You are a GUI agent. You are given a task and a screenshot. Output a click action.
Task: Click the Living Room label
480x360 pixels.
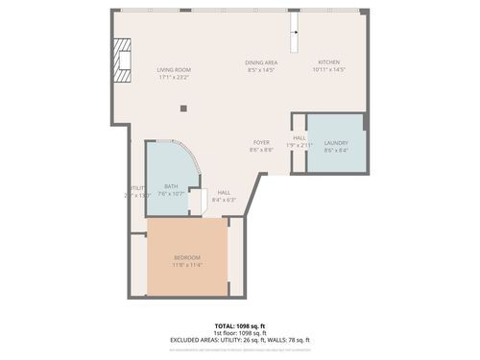[175, 69]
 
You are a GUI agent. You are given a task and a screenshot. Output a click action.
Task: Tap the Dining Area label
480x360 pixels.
[261, 62]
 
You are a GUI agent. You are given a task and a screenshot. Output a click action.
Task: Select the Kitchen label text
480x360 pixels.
[328, 62]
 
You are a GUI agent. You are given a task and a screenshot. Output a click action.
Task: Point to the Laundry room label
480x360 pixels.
[336, 143]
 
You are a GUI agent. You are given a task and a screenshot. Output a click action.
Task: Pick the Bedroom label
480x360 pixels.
[187, 257]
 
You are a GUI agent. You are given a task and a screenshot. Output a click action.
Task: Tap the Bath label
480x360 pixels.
[171, 186]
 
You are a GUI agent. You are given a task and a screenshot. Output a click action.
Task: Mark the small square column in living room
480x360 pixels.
[183, 108]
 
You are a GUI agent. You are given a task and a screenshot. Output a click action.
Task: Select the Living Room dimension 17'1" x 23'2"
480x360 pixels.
[175, 77]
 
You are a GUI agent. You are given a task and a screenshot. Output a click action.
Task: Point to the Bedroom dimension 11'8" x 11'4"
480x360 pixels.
[187, 264]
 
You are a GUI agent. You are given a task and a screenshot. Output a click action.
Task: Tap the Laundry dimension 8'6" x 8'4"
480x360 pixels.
[336, 150]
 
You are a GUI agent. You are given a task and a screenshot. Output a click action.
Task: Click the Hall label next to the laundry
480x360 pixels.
[300, 137]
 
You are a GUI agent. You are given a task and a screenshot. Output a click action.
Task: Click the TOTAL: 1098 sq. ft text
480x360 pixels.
[240, 326]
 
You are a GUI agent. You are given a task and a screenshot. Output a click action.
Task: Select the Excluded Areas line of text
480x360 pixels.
[240, 340]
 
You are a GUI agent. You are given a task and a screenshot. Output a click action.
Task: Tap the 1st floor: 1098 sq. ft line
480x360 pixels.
[240, 333]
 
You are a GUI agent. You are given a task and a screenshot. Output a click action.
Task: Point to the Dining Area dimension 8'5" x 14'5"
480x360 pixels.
[261, 70]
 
